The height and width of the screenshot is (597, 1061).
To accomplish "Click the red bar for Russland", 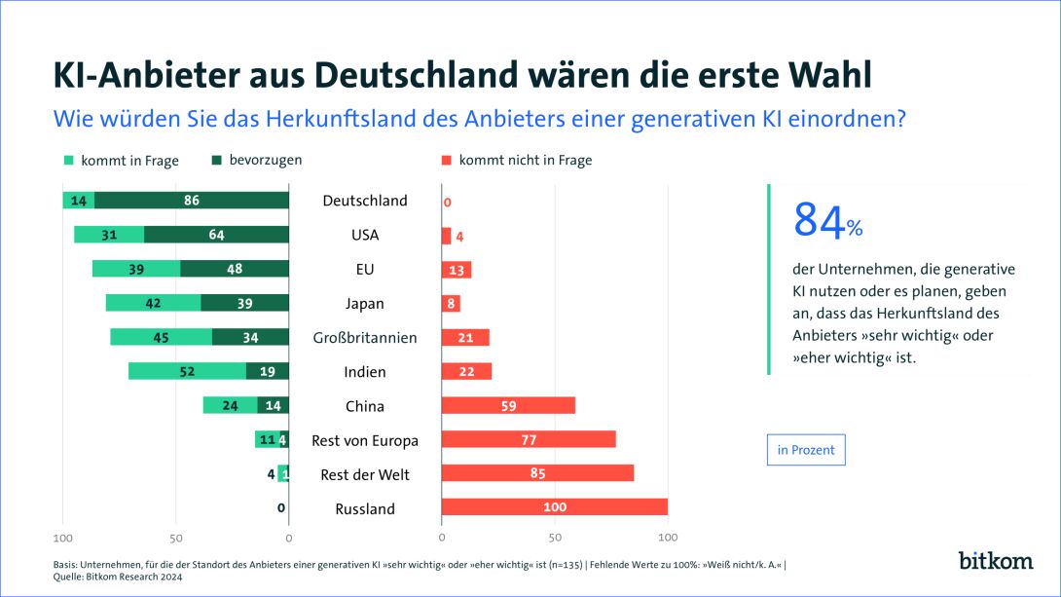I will [554, 507].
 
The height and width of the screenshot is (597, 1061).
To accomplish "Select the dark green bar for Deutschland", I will [192, 201].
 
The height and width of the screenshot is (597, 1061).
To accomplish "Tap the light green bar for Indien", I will [187, 371].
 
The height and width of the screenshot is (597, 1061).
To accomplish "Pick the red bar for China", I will [508, 405].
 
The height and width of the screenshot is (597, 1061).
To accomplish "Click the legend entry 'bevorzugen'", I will [257, 160].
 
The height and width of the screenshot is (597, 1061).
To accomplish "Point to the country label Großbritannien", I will [365, 337].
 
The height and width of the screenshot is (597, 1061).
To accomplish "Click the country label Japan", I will [365, 303].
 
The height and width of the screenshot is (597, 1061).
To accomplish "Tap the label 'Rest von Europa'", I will [365, 440].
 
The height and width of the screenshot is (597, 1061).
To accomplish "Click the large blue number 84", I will [819, 221].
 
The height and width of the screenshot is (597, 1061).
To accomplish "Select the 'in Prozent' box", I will [805, 450].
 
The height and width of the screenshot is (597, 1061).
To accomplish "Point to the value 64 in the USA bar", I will [216, 235].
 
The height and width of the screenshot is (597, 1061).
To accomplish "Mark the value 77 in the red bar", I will [529, 440].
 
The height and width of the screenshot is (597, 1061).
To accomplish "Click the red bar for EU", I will [456, 269].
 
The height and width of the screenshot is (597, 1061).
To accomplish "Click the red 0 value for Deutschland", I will [447, 203].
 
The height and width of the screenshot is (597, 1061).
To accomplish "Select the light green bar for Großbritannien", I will [161, 337].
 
